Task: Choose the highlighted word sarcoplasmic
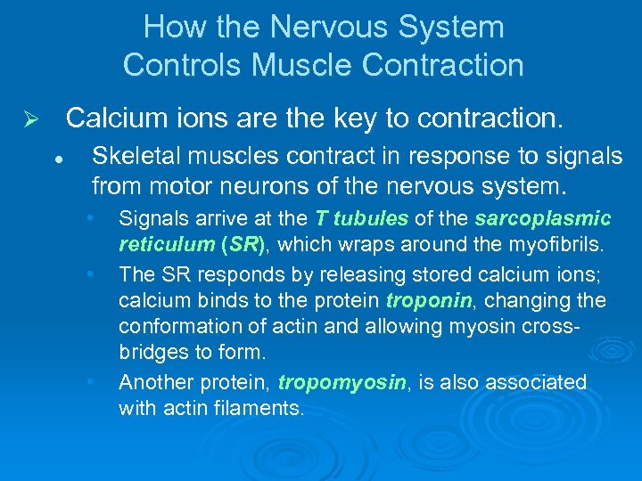[x=543, y=219]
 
